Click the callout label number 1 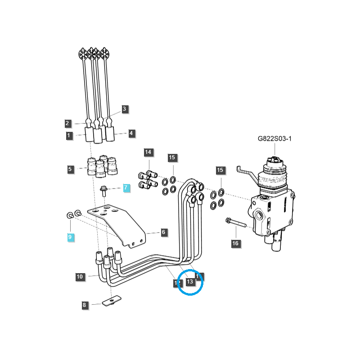(69, 135)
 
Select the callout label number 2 (67, 123)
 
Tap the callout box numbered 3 (125, 109)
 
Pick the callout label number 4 (131, 133)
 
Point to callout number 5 (70, 170)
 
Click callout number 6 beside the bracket (163, 232)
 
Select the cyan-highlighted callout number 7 (126, 188)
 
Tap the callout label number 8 (84, 305)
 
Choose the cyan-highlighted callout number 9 (70, 237)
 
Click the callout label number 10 (80, 277)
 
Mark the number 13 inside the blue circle (189, 282)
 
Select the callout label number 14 (148, 152)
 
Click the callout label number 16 (235, 243)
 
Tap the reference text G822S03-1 (274, 139)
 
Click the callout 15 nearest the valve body (220, 170)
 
